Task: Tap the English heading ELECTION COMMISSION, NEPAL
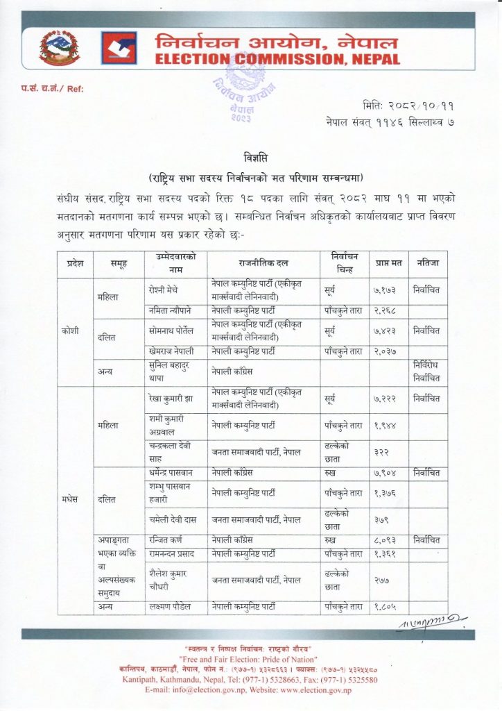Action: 277,60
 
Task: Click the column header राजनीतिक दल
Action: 263,264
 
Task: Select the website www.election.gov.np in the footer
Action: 315,690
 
